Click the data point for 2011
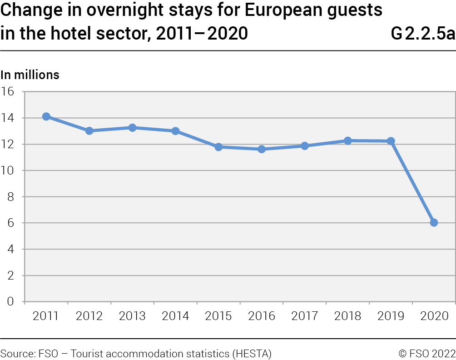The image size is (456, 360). [46, 117]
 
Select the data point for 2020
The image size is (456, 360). [434, 223]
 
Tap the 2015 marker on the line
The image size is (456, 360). [218, 147]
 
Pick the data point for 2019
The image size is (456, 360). [391, 141]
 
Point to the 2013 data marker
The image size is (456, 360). [132, 128]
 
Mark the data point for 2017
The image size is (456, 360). [304, 146]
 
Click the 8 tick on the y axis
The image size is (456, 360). [11, 197]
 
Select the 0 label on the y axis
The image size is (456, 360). [11, 302]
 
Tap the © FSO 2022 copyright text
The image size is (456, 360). [426, 353]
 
